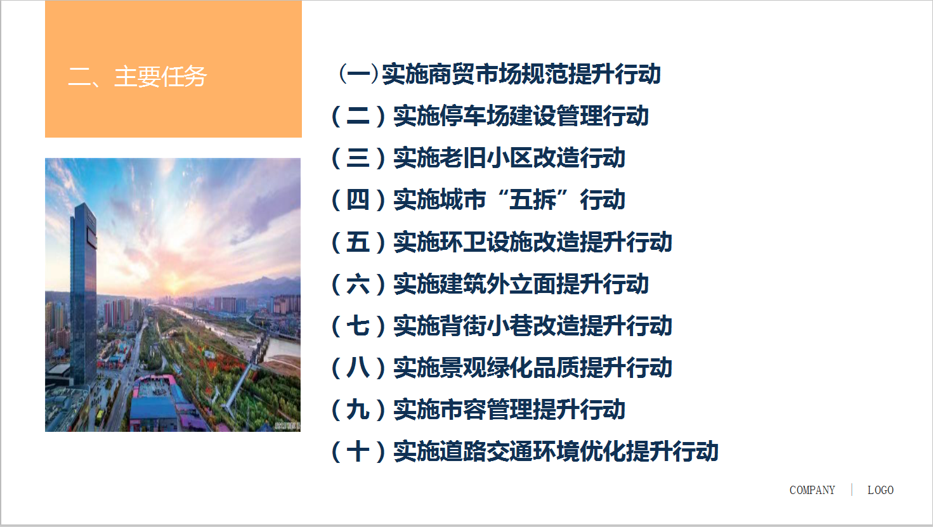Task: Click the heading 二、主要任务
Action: click(x=137, y=77)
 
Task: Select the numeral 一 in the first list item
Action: click(x=358, y=74)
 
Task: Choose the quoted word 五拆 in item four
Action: click(x=533, y=200)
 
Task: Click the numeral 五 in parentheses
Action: click(x=358, y=242)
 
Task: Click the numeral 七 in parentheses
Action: click(x=358, y=326)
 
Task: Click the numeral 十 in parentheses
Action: click(x=358, y=452)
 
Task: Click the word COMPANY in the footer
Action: click(x=812, y=490)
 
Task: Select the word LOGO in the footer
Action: click(x=880, y=490)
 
